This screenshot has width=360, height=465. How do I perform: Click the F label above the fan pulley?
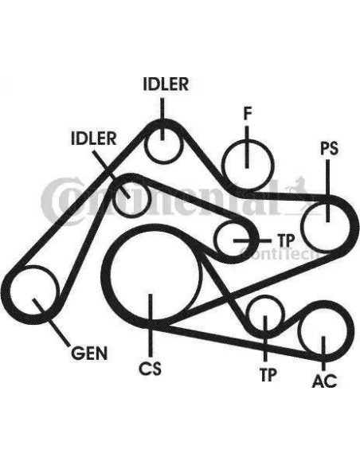pos(248,114)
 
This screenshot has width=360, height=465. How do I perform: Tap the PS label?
pos(329,148)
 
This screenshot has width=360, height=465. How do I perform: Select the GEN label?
pos(89,353)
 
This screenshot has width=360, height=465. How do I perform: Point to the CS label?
pos(151,368)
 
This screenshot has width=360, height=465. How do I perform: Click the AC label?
pos(325,381)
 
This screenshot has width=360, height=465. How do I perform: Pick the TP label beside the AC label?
pos(268,375)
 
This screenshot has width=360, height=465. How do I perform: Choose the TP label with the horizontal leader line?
pos(286,240)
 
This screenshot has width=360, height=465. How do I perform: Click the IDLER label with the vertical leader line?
pos(166,84)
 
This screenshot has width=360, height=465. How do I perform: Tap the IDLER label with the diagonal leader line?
pos(93,139)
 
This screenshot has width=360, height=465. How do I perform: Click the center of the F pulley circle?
pos(248,165)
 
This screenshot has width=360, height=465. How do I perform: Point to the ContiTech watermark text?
pos(279,253)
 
